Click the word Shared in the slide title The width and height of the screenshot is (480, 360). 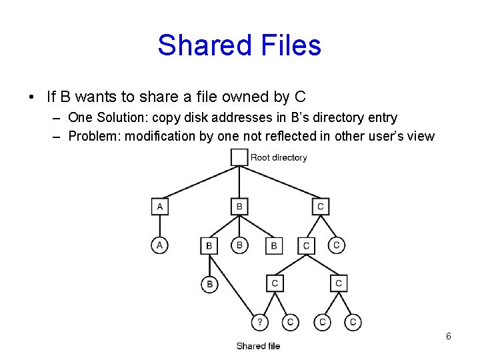click(201, 46)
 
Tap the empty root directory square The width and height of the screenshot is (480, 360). click(239, 157)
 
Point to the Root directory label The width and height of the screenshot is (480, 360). click(279, 158)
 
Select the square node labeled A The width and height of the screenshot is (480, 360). click(159, 207)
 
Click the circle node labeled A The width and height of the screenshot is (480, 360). click(159, 245)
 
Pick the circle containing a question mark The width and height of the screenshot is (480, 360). click(259, 322)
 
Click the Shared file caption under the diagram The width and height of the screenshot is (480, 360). click(258, 346)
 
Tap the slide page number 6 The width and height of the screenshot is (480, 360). click(449, 336)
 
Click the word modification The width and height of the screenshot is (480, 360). click(164, 137)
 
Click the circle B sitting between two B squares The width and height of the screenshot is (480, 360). click(239, 245)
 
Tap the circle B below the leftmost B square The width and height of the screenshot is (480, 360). click(209, 285)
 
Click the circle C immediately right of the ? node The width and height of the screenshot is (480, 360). click(290, 322)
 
